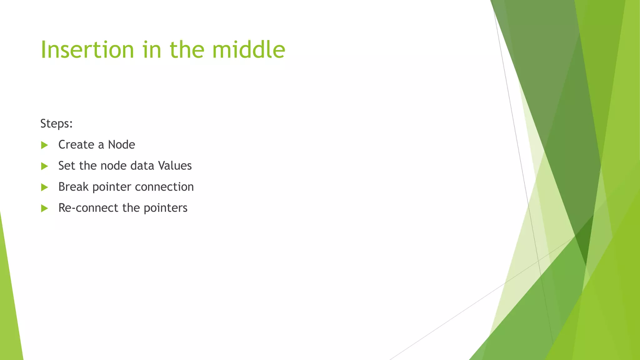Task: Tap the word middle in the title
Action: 248,50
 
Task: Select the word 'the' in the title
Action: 187,50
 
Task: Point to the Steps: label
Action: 57,124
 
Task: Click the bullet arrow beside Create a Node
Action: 44,145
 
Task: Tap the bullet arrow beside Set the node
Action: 44,166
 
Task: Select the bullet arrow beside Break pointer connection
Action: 44,187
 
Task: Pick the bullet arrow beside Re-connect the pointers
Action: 44,208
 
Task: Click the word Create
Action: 76,145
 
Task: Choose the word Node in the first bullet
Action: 121,145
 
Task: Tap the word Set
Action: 67,166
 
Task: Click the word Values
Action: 175,166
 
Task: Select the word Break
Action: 73,187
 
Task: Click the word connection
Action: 164,187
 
